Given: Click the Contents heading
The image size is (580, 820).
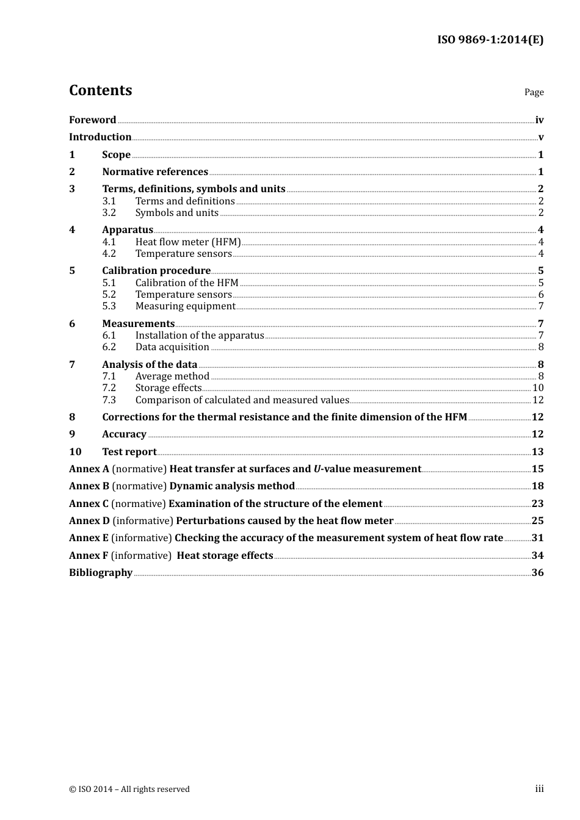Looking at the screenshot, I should click(100, 90).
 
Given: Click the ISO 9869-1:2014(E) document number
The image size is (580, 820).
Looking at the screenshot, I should click(490, 40).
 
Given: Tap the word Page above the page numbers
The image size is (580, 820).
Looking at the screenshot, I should click(534, 92).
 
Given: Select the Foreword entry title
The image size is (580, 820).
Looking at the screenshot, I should click(92, 120).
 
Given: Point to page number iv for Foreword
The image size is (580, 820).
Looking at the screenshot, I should click(539, 120).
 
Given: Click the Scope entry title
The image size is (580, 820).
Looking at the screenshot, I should click(116, 155).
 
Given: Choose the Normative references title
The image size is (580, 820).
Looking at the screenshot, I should click(155, 172).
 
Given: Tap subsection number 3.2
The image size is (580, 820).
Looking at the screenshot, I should click(109, 213).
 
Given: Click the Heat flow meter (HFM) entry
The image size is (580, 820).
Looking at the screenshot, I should click(188, 242).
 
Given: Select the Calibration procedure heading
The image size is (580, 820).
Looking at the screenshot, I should click(156, 271).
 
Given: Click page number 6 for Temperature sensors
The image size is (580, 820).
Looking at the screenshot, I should click(541, 295).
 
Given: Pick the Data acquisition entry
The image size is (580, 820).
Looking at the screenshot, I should click(172, 347).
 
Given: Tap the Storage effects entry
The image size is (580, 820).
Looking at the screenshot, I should click(169, 388).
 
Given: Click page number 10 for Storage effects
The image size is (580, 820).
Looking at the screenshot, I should click(538, 388).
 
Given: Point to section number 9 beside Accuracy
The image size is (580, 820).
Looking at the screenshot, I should click(72, 434).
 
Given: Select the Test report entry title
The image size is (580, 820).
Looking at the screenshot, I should click(129, 452).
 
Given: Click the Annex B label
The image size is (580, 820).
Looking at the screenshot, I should click(89, 486).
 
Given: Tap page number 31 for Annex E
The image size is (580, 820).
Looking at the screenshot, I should click(537, 538).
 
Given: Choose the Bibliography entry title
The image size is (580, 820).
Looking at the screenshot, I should click(101, 573).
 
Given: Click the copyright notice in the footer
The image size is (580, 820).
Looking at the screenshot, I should click(129, 789).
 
